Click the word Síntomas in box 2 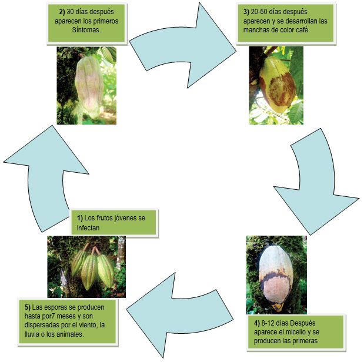pyautogui.click(x=86, y=30)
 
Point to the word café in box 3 pyautogui.click(x=303, y=30)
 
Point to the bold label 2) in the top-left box pyautogui.click(x=62, y=12)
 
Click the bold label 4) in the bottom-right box pyautogui.click(x=257, y=323)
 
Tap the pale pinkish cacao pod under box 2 pyautogui.click(x=89, y=87)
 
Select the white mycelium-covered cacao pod pyautogui.click(x=276, y=277)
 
